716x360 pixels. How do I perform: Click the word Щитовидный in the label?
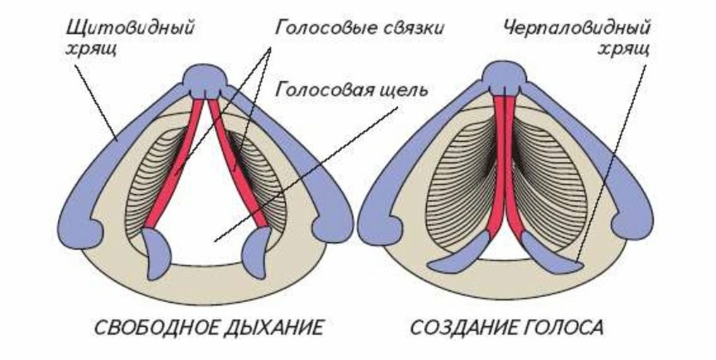point(130,29)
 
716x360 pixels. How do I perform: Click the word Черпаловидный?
point(578,29)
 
